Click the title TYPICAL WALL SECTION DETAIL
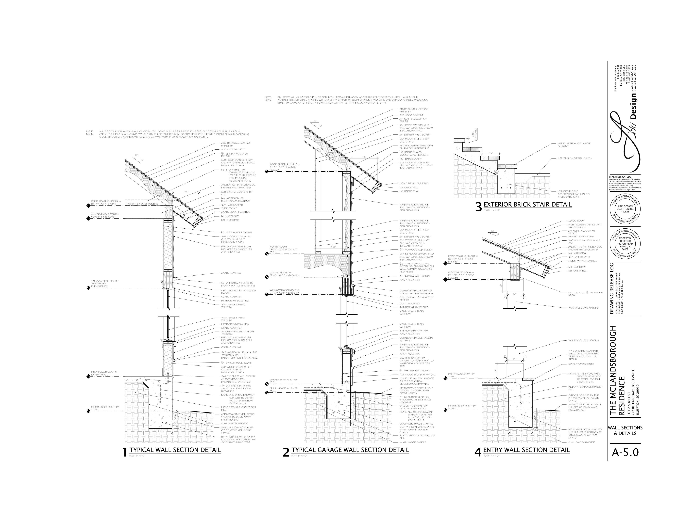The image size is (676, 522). pyautogui.click(x=175, y=450)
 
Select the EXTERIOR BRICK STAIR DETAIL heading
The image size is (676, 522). pyautogui.click(x=527, y=204)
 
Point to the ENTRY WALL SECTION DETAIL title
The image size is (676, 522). pyautogui.click(x=526, y=450)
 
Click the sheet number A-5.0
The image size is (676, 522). pyautogui.click(x=625, y=452)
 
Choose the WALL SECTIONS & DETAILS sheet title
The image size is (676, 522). pyautogui.click(x=625, y=430)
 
